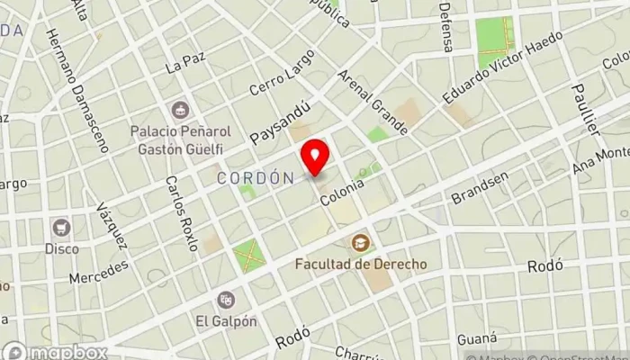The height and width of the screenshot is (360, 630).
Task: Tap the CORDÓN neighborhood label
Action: (x=256, y=178)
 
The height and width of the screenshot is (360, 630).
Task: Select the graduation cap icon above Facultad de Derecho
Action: (x=360, y=243)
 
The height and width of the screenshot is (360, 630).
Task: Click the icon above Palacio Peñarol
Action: (x=184, y=110)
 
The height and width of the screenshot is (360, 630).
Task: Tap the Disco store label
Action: (x=62, y=247)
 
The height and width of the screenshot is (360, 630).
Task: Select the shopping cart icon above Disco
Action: (x=62, y=226)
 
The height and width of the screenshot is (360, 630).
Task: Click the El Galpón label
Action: (x=225, y=320)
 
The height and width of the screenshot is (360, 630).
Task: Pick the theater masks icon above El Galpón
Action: (x=225, y=298)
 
